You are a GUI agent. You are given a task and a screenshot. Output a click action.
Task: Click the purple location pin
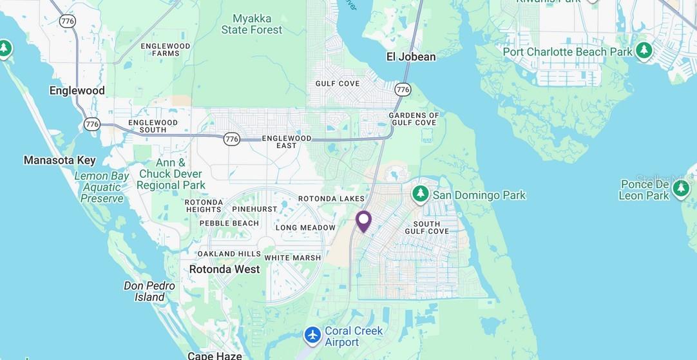[x=363, y=221]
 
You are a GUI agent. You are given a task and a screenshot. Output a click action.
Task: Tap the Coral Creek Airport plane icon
[x=312, y=335]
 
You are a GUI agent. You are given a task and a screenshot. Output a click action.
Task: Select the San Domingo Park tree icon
[x=421, y=193]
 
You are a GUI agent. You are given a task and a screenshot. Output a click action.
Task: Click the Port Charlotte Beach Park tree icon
[x=644, y=50]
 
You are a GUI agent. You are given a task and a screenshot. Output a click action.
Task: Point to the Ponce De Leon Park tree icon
[x=681, y=189]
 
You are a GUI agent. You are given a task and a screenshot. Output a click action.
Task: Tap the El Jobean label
[x=410, y=57]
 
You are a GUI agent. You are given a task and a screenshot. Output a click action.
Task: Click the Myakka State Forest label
[x=251, y=24]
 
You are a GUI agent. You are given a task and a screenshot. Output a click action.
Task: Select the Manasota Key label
[x=59, y=160]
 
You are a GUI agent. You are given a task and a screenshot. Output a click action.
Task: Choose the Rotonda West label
[x=224, y=269]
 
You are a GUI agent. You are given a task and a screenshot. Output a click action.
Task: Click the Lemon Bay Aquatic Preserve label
[x=102, y=187]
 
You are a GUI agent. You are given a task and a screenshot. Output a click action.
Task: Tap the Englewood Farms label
[x=166, y=50]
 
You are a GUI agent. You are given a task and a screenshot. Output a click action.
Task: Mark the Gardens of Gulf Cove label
[x=414, y=118]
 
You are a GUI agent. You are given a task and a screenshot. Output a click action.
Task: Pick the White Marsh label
[x=292, y=258]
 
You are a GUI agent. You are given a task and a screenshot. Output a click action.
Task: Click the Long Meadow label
[x=305, y=227]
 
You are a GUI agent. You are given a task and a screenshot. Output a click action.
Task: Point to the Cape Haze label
[x=215, y=355]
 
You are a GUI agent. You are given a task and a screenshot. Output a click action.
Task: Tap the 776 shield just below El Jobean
[x=403, y=89]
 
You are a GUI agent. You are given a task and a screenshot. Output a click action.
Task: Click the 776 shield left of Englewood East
[x=233, y=138]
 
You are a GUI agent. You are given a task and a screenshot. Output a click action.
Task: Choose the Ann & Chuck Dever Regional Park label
[x=171, y=174]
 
